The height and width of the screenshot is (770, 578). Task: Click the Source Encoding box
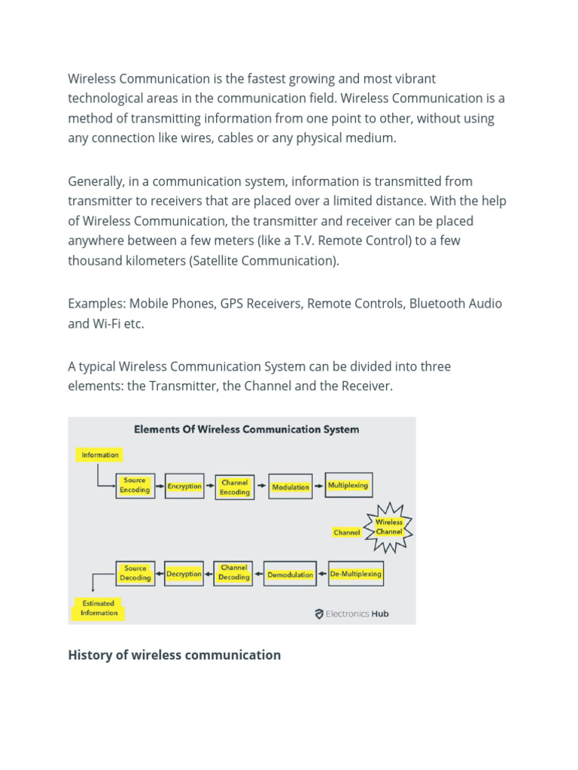(x=135, y=485)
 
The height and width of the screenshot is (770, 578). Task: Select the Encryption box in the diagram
(x=184, y=487)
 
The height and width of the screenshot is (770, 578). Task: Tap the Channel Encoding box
(x=235, y=487)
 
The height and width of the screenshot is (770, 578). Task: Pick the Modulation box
(x=291, y=487)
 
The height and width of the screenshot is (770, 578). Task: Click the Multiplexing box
(x=348, y=485)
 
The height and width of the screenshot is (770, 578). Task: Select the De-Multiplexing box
(x=356, y=574)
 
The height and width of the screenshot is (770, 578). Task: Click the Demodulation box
(x=291, y=574)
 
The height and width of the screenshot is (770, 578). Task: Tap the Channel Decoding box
(x=234, y=573)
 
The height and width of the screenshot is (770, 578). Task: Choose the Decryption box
(x=184, y=574)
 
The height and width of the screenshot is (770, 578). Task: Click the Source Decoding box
(x=135, y=573)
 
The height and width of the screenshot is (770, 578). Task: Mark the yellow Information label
(x=100, y=454)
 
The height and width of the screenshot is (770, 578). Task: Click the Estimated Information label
(x=99, y=608)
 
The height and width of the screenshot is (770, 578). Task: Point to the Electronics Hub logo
(x=351, y=614)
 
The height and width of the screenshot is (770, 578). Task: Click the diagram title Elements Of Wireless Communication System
(x=246, y=429)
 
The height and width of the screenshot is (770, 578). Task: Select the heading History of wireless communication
(x=174, y=655)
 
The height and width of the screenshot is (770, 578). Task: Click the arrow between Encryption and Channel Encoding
(x=209, y=487)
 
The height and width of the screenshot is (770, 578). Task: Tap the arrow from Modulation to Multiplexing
(x=318, y=487)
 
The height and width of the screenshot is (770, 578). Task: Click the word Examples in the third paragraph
(x=96, y=304)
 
